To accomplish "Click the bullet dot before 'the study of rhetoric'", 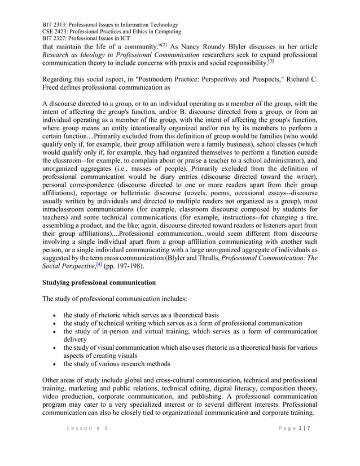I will tap(52, 315).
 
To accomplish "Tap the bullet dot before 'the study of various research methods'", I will tap(52, 364).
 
